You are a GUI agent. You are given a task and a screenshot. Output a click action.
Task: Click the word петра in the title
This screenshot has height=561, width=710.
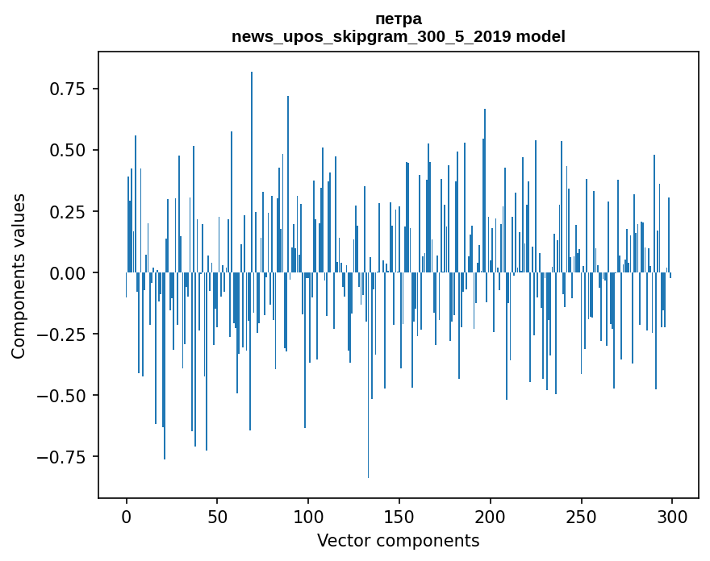399,19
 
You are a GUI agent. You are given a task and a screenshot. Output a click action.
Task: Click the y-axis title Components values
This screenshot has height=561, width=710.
19,276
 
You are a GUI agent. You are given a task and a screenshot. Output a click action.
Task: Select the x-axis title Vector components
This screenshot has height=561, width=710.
399,541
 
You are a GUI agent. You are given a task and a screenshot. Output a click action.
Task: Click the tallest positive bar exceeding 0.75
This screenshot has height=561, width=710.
252,161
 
